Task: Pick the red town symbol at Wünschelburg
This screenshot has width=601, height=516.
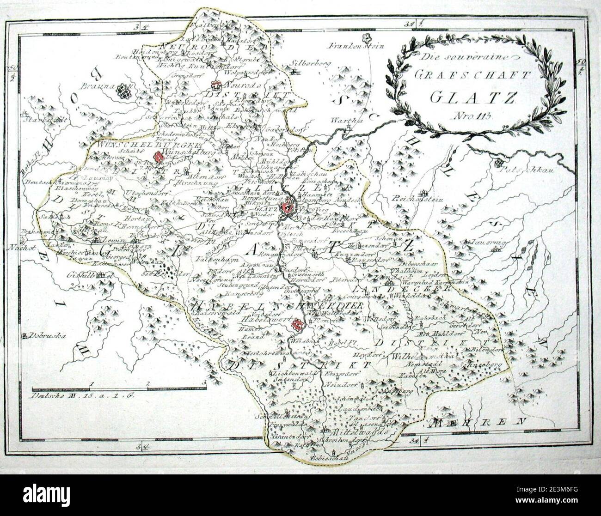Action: pyautogui.click(x=159, y=157)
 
